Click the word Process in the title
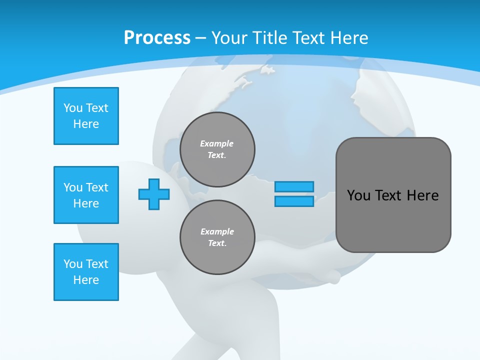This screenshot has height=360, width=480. (157, 38)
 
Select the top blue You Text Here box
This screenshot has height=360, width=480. (86, 116)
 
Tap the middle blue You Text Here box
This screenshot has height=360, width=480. (86, 195)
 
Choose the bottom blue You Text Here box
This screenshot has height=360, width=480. (86, 272)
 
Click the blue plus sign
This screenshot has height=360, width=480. (154, 194)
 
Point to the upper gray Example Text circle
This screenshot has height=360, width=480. (217, 149)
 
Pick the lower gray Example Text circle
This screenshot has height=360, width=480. (217, 237)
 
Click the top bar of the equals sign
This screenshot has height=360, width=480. (294, 186)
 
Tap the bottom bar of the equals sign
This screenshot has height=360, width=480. (294, 201)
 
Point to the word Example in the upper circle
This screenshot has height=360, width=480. (217, 143)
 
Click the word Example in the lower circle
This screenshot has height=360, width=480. (217, 231)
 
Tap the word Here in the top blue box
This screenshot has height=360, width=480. (86, 124)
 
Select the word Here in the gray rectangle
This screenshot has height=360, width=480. (422, 195)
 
